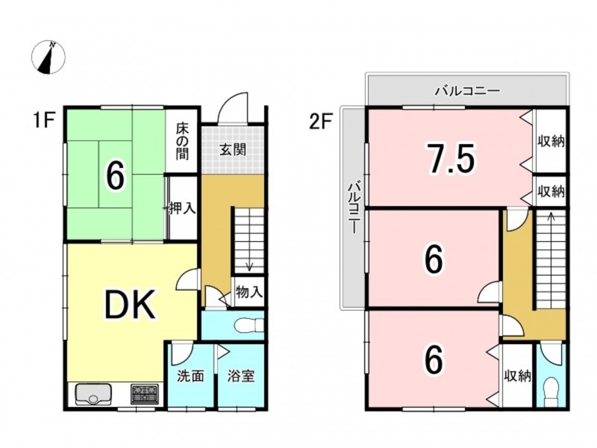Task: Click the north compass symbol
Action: pyautogui.click(x=50, y=57)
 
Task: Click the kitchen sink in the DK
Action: pyautogui.click(x=93, y=393)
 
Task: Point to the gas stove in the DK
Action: pyautogui.click(x=145, y=393)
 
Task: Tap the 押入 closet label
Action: pyautogui.click(x=183, y=208)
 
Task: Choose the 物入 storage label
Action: pyautogui.click(x=249, y=291)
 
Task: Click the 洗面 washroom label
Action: pyautogui.click(x=191, y=376)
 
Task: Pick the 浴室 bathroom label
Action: pyautogui.click(x=241, y=376)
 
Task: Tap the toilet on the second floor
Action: pyautogui.click(x=551, y=389)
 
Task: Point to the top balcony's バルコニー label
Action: pyautogui.click(x=467, y=92)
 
